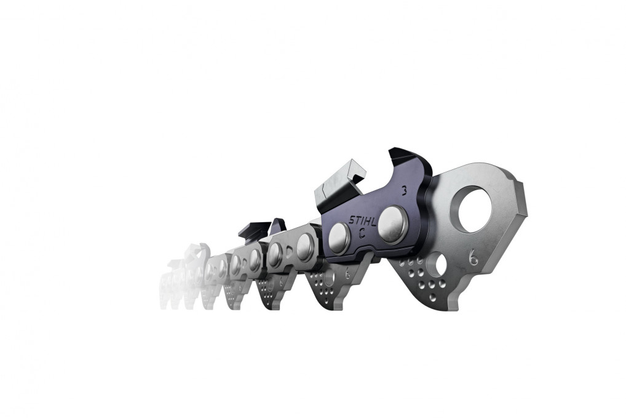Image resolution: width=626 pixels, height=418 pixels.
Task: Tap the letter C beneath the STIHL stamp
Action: (x=362, y=232)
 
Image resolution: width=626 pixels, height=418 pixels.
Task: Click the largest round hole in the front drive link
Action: (x=474, y=209)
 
